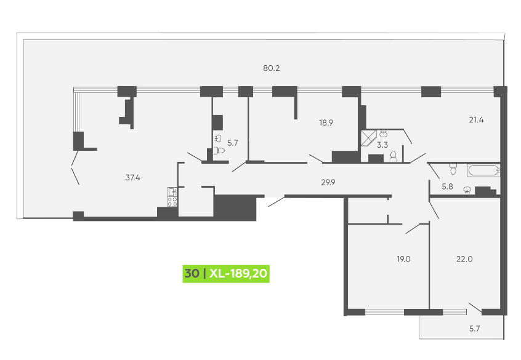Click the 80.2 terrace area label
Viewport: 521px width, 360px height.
pos(272,68)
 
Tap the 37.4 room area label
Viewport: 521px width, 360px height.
pos(133,178)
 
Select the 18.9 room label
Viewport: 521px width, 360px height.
pos(326,122)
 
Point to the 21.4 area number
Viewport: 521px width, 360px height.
pos(476,120)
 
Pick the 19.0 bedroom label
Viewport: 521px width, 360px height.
pos(403,259)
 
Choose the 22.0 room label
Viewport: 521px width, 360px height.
pos(464,259)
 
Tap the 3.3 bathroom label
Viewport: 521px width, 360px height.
pos(382,145)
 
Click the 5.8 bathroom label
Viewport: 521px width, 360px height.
pos(447,186)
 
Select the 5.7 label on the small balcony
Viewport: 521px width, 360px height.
pos(474,329)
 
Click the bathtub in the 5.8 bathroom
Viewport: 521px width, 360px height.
pos(483,170)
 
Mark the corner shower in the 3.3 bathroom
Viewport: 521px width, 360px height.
pos(369,138)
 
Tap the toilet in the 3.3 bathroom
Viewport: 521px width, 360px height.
pos(394,156)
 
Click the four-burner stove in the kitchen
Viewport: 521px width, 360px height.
pos(172,201)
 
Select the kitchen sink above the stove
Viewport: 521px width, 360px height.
pos(172,191)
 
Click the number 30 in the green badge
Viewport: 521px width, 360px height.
pos(192,273)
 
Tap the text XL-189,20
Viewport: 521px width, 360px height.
pos(238,273)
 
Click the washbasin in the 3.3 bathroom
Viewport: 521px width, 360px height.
pos(383,133)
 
